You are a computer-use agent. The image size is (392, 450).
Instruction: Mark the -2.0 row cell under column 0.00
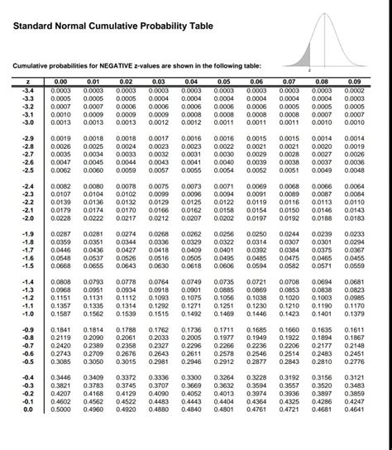pyautogui.click(x=60, y=218)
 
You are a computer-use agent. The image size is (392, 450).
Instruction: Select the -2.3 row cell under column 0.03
pyautogui.click(x=158, y=194)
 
